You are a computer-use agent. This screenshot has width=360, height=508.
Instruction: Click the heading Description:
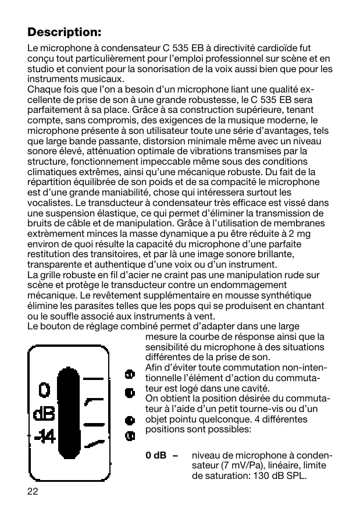click(x=65, y=30)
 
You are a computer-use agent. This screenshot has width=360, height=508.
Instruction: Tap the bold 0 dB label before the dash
click(x=156, y=456)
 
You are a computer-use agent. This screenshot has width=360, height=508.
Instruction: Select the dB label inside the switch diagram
click(x=44, y=414)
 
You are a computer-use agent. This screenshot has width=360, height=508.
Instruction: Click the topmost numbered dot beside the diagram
click(x=130, y=374)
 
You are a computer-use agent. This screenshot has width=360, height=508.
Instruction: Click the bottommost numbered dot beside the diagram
click(x=130, y=435)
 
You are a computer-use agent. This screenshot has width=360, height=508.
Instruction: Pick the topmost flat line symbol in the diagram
click(x=95, y=379)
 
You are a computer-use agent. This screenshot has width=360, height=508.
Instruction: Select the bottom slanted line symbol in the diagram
click(x=95, y=443)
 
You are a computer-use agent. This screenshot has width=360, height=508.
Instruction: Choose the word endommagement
click(x=251, y=285)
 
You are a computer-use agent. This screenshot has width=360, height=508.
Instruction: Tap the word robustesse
click(x=205, y=100)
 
